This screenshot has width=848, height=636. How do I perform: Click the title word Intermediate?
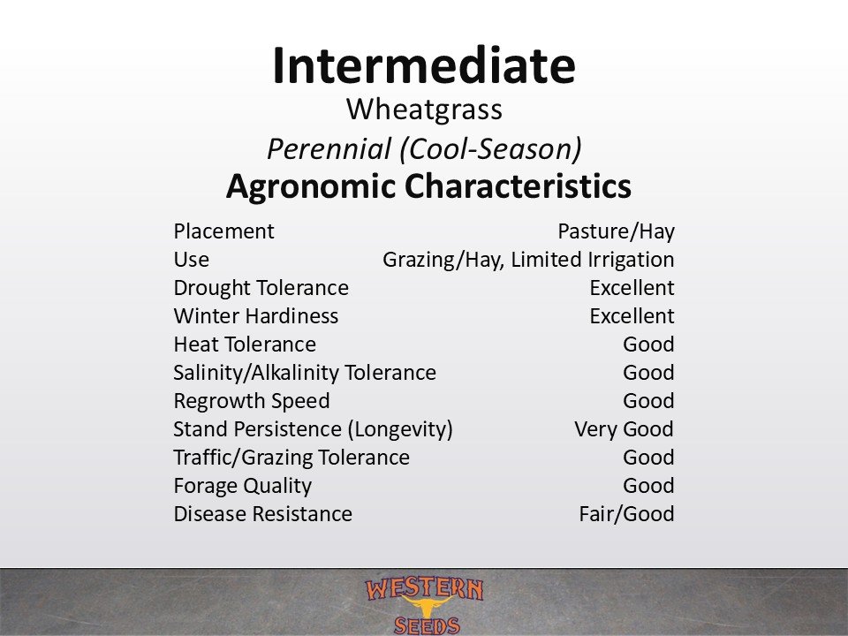click(x=424, y=65)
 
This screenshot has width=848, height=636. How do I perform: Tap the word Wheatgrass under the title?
click(x=425, y=110)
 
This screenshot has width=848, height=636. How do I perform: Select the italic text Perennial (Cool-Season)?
click(x=425, y=148)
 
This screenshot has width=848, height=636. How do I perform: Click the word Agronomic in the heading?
click(x=311, y=186)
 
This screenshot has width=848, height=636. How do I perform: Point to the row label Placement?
click(x=223, y=231)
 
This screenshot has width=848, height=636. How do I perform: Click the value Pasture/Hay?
click(x=616, y=231)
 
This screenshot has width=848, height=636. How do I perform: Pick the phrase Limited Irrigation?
click(x=592, y=260)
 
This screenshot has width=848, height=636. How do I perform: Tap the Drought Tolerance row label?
click(x=261, y=288)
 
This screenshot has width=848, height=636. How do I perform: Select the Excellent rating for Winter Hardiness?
click(x=632, y=316)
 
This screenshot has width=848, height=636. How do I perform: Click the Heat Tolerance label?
click(x=245, y=344)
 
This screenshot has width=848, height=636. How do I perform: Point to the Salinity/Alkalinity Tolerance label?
click(x=305, y=373)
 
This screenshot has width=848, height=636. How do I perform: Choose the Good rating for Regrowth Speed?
click(x=648, y=401)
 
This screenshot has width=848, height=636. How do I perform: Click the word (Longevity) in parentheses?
click(x=400, y=429)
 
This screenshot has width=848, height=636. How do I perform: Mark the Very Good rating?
click(x=625, y=429)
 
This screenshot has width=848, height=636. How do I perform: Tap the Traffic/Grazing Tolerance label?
click(x=291, y=458)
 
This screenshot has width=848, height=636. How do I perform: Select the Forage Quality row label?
click(x=243, y=486)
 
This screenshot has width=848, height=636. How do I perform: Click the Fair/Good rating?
click(x=626, y=514)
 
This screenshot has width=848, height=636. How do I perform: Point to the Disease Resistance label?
click(x=263, y=514)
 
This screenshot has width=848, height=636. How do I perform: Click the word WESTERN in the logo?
click(x=425, y=589)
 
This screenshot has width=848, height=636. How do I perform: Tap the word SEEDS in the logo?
click(x=427, y=625)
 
